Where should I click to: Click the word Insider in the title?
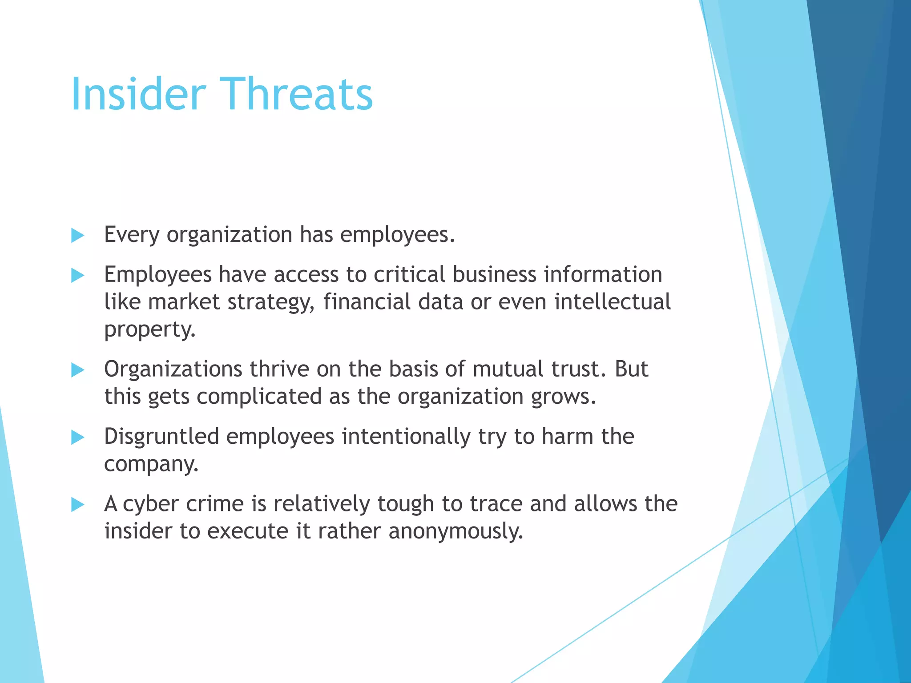click(x=138, y=94)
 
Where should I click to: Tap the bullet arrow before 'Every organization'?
click(x=77, y=236)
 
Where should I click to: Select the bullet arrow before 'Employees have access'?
click(x=77, y=276)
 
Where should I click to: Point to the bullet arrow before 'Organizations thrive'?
click(x=77, y=370)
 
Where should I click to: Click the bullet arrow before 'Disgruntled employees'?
click(x=77, y=438)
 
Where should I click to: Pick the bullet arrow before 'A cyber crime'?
click(x=77, y=505)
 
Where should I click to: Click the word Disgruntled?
click(x=161, y=436)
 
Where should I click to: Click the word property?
click(x=149, y=330)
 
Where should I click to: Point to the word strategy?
click(x=271, y=302)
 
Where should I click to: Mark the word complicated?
click(x=259, y=397)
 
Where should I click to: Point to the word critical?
click(x=409, y=274)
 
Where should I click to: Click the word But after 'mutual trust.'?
click(x=631, y=369)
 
